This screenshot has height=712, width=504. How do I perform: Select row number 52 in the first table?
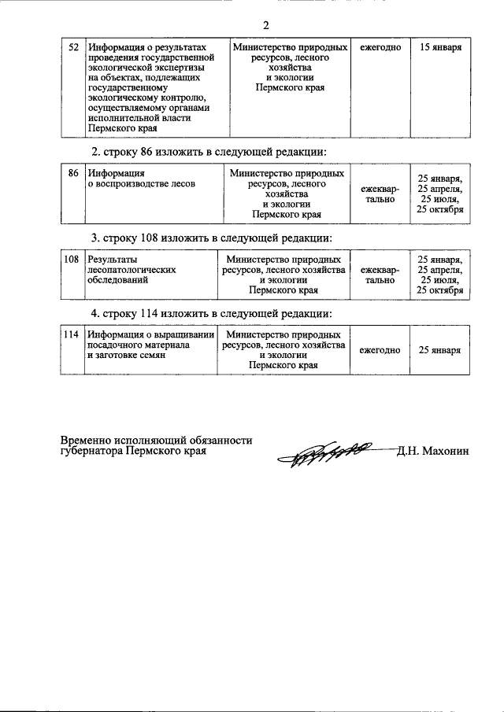pyautogui.click(x=72, y=47)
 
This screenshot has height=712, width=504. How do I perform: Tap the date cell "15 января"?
pyautogui.click(x=440, y=47)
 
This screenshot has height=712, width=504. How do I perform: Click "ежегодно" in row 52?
pyautogui.click(x=380, y=47)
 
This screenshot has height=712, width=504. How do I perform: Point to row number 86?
pyautogui.click(x=72, y=173)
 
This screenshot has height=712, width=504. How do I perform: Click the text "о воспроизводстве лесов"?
pyautogui.click(x=141, y=183)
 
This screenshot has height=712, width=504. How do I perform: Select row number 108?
pyautogui.click(x=72, y=259)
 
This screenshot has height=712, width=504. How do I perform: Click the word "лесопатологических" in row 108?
pyautogui.click(x=132, y=269)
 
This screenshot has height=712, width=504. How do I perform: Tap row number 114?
pyautogui.click(x=72, y=334)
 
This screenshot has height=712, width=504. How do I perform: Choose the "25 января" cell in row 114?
pyautogui.click(x=439, y=350)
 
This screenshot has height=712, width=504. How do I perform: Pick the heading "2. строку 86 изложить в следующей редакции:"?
pyautogui.click(x=209, y=151)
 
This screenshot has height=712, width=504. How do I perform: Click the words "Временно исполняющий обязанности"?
pyautogui.click(x=157, y=441)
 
